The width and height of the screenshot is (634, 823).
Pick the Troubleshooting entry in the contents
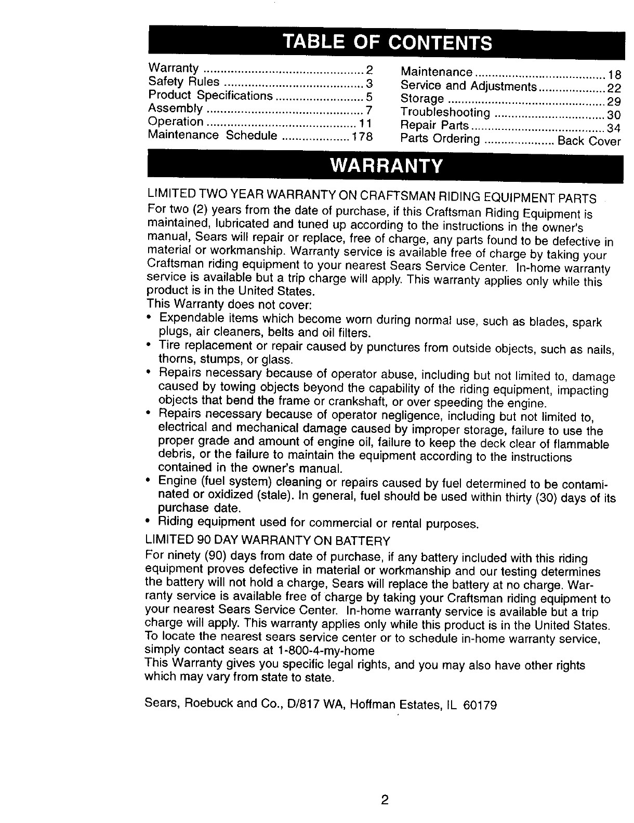(x=445, y=113)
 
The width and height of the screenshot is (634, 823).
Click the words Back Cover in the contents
(x=589, y=141)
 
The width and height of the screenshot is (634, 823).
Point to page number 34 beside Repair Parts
(x=614, y=128)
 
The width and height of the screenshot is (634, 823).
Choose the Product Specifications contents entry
(x=210, y=96)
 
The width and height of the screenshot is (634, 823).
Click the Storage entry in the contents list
(x=422, y=99)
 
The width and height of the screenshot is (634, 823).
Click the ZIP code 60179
(x=481, y=705)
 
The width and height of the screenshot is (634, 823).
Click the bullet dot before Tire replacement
(x=150, y=344)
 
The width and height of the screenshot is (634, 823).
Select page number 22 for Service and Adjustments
(x=614, y=87)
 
